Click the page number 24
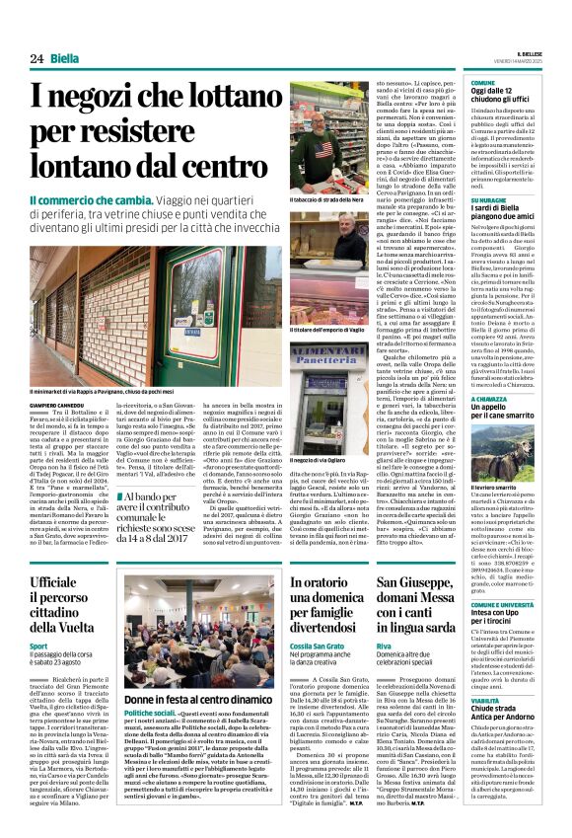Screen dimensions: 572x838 [x=36, y=58]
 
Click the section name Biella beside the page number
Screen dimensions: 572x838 [x=65, y=58]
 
